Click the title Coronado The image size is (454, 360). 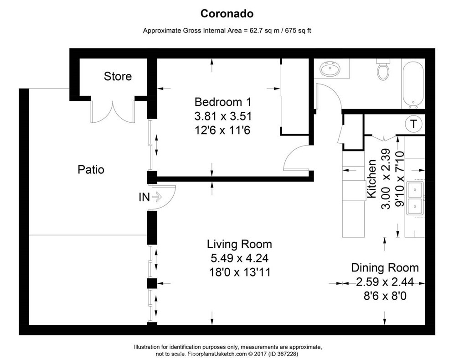click(227, 14)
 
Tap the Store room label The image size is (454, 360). click(118, 76)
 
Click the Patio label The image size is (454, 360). click(91, 170)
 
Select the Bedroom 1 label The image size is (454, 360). click(223, 102)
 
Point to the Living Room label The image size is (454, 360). click(239, 245)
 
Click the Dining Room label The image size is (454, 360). click(385, 268)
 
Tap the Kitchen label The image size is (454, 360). click(371, 179)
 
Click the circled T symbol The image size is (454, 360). click(413, 124)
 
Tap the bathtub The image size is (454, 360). click(413, 84)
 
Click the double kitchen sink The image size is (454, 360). click(415, 198)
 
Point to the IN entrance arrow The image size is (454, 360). click(157, 198)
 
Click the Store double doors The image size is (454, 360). click(113, 112)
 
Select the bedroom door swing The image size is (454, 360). click(297, 158)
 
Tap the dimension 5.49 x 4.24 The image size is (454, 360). click(239, 258)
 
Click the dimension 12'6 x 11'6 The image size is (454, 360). click(222, 130)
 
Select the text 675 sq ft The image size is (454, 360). click(298, 31)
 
